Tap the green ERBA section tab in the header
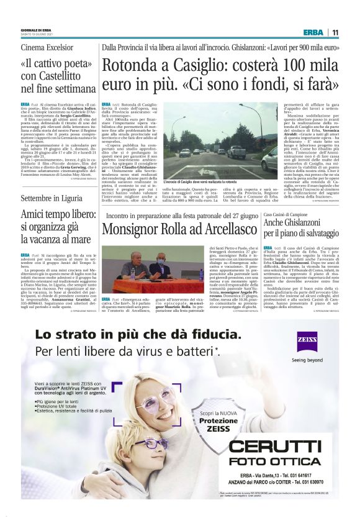click(x=312, y=32)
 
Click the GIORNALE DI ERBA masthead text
click(x=36, y=30)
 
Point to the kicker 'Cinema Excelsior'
click(x=47, y=48)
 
